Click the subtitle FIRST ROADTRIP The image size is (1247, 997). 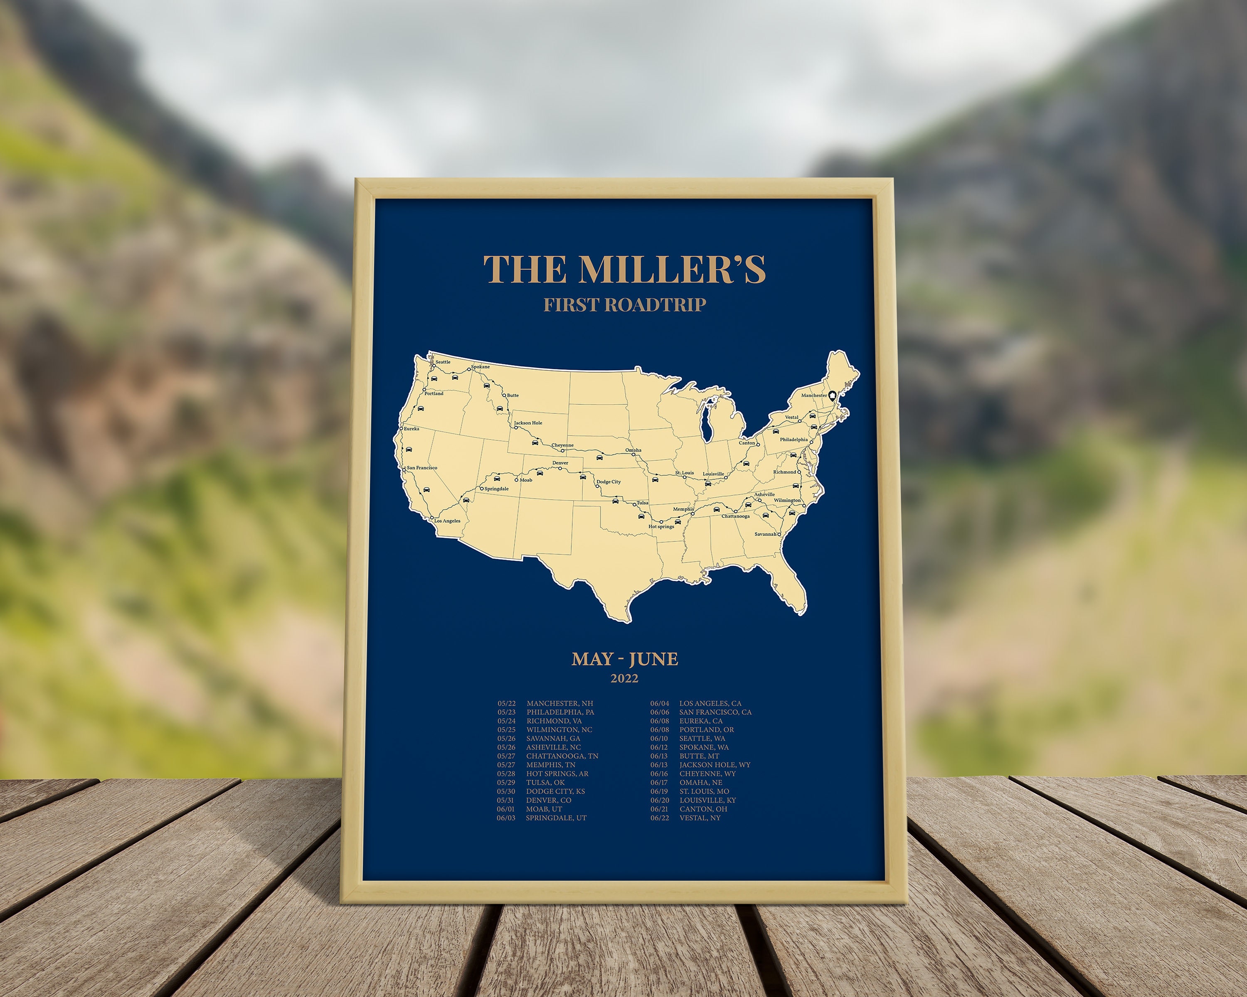[x=625, y=305]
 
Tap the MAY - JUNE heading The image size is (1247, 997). [x=625, y=659]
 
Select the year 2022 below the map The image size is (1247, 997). [x=625, y=678]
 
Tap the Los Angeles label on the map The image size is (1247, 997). [x=447, y=521]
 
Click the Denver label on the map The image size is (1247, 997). [x=560, y=463]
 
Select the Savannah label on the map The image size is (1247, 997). [x=765, y=534]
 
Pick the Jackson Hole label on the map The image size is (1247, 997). [x=528, y=422]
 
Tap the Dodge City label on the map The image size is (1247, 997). [x=609, y=481]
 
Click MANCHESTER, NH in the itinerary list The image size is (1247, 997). [x=560, y=703]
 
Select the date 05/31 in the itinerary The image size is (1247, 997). [x=506, y=800]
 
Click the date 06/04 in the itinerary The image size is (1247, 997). [x=659, y=703]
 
